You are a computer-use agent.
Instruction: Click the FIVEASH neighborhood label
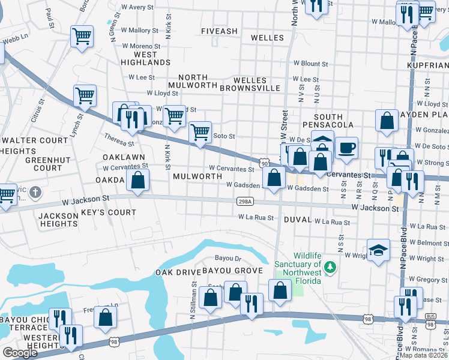pos(219,31)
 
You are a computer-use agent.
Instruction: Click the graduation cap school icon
pos(378,250)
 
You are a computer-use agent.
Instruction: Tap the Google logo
pos(20,353)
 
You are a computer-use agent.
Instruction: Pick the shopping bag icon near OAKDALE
pos(138,180)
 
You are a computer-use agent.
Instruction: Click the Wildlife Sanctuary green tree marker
pos(328,265)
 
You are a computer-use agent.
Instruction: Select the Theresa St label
pos(118,139)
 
